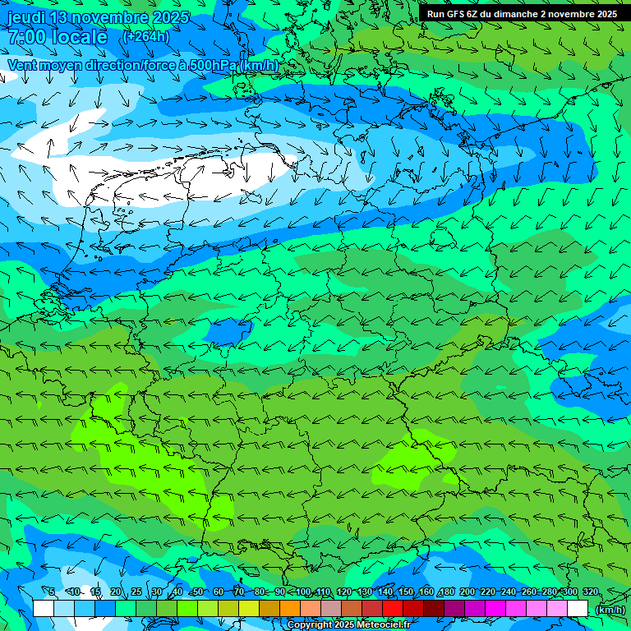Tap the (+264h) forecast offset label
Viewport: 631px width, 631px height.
click(x=145, y=36)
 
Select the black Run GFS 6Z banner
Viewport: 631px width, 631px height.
click(x=522, y=14)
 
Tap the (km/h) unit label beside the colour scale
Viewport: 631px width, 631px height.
click(x=610, y=610)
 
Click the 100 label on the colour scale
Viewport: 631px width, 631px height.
click(x=302, y=592)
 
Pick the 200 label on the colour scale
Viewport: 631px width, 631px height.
click(x=467, y=592)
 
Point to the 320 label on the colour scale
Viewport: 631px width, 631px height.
click(x=591, y=592)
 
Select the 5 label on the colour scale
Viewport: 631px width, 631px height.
click(x=51, y=592)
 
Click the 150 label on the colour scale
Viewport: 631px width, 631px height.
click(x=406, y=592)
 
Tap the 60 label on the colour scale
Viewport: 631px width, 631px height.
click(x=218, y=592)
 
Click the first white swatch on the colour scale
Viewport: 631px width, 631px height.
click(x=44, y=608)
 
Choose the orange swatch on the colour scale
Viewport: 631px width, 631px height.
click(x=290, y=608)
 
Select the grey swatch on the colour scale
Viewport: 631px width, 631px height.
click(x=331, y=608)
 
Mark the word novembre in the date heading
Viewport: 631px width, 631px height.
click(x=113, y=17)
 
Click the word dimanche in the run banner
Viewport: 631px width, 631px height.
click(x=514, y=14)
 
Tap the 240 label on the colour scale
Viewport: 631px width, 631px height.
click(x=509, y=592)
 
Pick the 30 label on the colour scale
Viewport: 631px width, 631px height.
click(x=156, y=592)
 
